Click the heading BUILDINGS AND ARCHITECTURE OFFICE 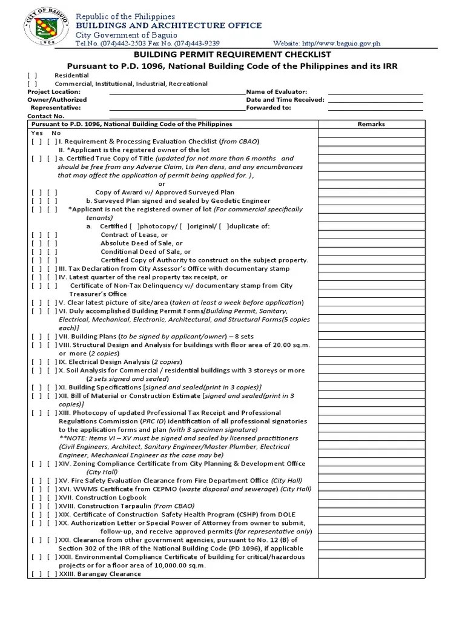click(x=168, y=25)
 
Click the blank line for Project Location click(x=177, y=91)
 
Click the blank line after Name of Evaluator click(x=375, y=91)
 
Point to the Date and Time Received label click(x=285, y=99)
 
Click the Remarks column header click(x=371, y=124)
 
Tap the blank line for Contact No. click(x=153, y=116)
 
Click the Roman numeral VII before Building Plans click(x=64, y=336)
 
